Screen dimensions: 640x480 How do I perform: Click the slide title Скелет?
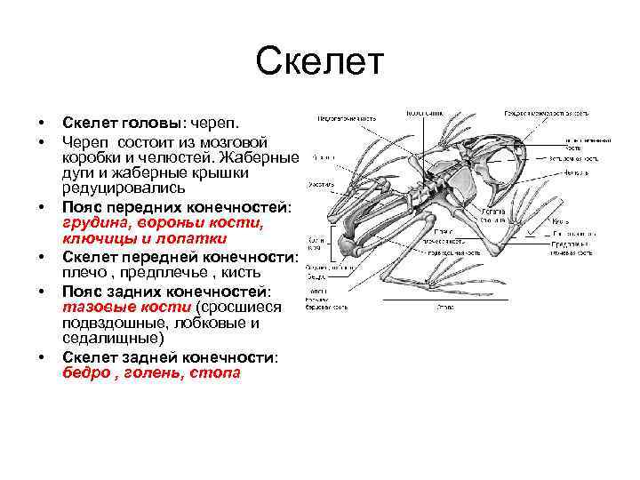(319, 62)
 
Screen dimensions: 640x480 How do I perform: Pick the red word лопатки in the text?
(199, 239)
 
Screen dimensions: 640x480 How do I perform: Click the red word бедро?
(85, 372)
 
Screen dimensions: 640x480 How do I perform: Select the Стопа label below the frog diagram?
(443, 305)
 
